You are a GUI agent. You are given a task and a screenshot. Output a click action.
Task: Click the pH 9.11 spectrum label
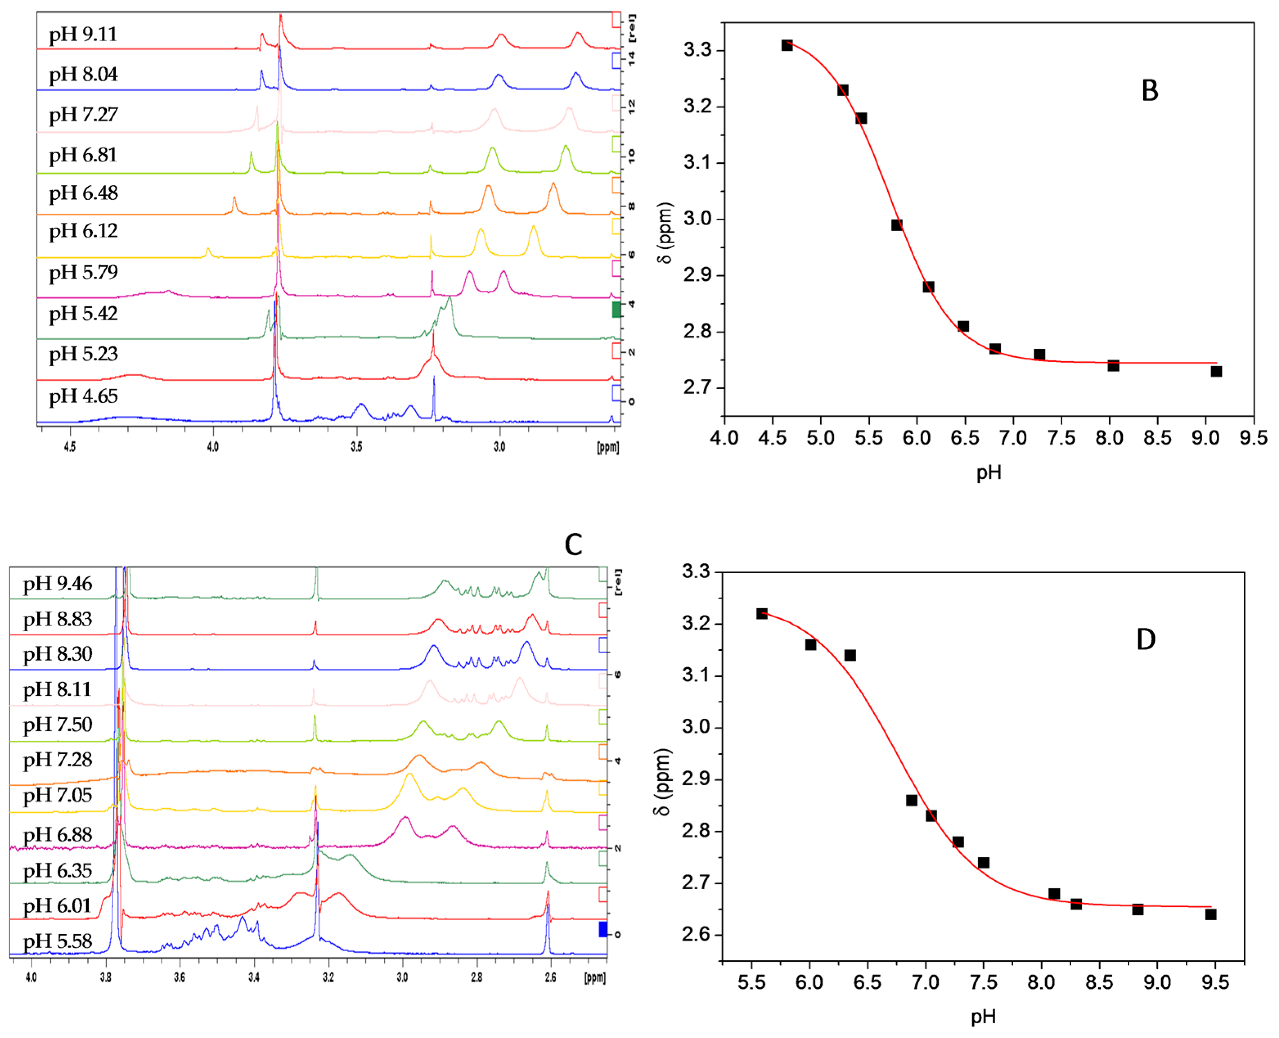(x=83, y=35)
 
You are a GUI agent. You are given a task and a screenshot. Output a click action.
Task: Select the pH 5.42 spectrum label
(x=83, y=314)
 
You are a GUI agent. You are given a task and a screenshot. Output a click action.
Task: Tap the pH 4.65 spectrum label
(x=83, y=397)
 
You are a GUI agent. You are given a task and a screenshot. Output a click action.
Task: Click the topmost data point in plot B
(x=786, y=45)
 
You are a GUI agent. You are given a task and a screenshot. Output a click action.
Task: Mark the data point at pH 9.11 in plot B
(x=1216, y=371)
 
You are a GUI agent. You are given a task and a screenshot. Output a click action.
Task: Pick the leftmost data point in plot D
(x=761, y=614)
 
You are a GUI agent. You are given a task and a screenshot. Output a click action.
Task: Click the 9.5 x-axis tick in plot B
(x=1253, y=438)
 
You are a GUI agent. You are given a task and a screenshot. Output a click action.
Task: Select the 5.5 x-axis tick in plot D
(x=751, y=982)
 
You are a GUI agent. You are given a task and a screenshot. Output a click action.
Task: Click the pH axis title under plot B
(x=988, y=473)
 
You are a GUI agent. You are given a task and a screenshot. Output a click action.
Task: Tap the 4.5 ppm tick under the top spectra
(x=70, y=447)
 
